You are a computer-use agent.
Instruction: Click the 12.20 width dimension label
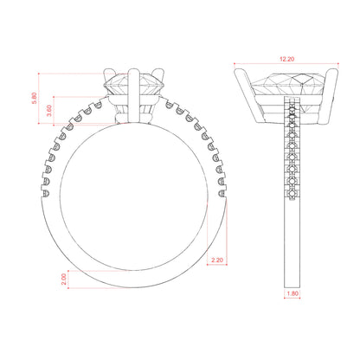(x=286, y=59)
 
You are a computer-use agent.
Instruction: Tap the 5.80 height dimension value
(x=34, y=98)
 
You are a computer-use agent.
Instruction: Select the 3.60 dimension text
(x=49, y=111)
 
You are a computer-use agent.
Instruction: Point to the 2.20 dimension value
(x=217, y=260)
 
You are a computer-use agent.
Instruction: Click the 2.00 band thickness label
(x=64, y=279)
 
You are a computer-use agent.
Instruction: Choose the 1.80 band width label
(x=292, y=293)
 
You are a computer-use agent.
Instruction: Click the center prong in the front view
(x=134, y=95)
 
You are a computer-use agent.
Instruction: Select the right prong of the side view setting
(x=328, y=96)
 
